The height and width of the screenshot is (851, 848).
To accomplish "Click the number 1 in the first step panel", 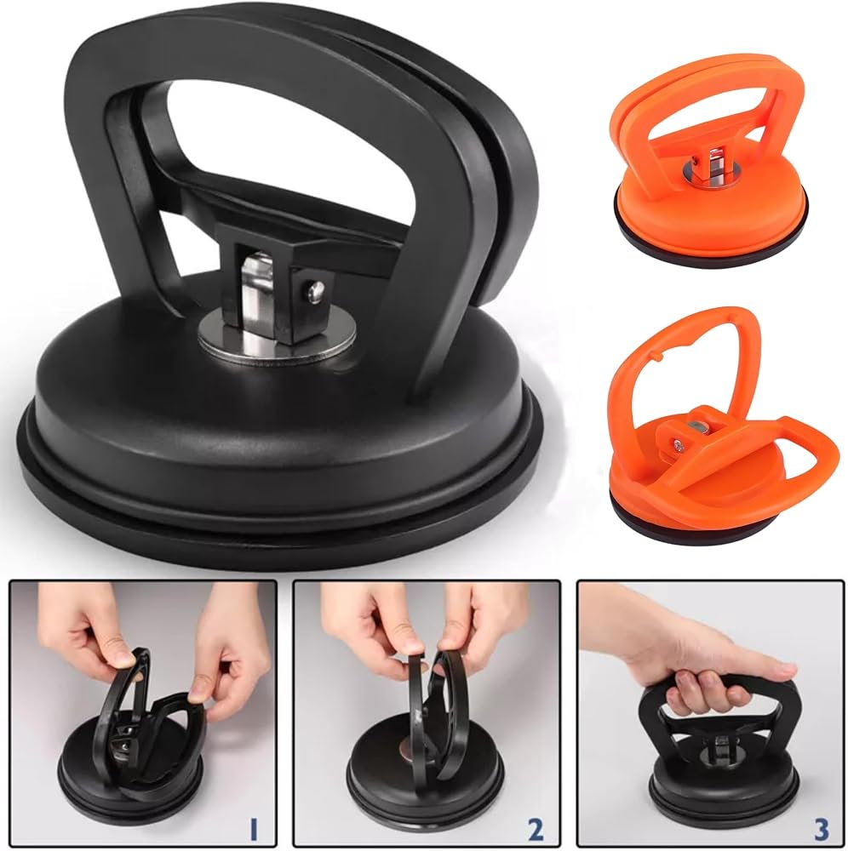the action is click(253, 829).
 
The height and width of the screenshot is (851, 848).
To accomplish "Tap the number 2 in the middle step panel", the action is click(536, 829).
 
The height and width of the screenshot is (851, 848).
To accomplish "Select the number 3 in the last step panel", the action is click(822, 829).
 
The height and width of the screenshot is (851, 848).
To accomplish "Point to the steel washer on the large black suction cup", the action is click(277, 341).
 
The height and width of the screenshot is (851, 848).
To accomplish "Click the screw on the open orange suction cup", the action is click(678, 446).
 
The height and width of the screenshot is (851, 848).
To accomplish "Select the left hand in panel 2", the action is click(370, 627).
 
